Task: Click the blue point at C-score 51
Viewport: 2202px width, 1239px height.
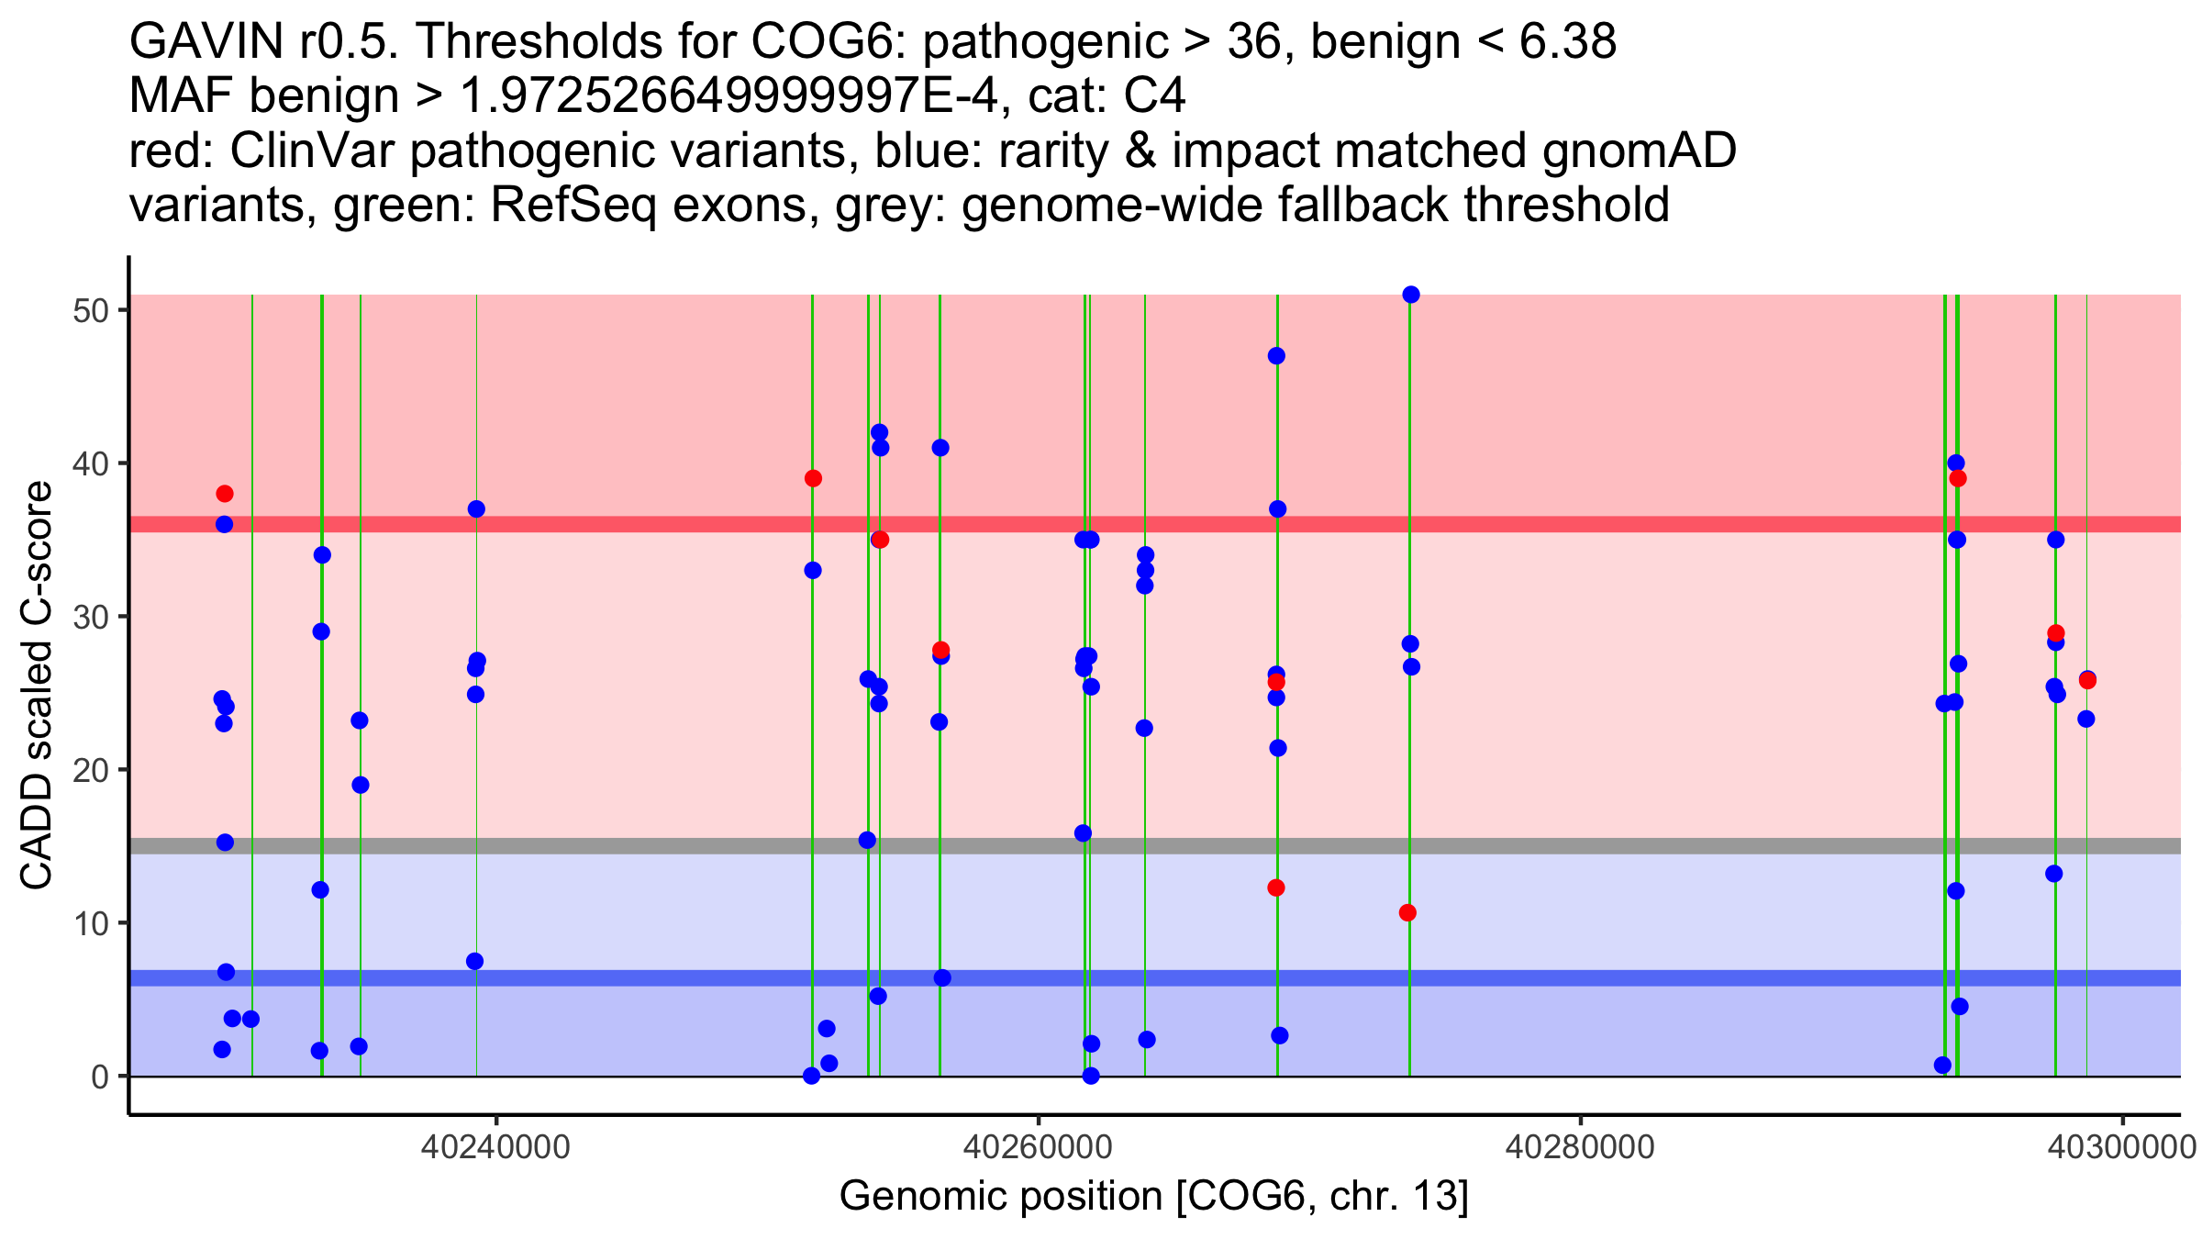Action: (x=1411, y=295)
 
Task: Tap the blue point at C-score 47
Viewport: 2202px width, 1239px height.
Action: (x=1276, y=356)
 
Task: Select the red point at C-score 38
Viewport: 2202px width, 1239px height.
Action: (x=225, y=494)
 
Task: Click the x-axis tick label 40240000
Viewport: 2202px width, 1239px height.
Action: (x=496, y=1147)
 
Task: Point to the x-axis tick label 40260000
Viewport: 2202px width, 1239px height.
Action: (x=1039, y=1147)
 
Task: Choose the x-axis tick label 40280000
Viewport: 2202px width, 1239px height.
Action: (x=1581, y=1147)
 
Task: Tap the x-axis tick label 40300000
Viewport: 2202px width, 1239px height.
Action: (x=2122, y=1147)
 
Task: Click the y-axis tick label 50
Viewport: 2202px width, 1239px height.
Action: (x=90, y=310)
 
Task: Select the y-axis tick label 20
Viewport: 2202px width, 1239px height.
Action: (x=90, y=770)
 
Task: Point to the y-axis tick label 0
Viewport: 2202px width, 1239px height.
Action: (x=100, y=1077)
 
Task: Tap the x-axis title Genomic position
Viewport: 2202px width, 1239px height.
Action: (x=1153, y=1197)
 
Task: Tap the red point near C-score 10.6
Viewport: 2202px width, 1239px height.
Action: (x=1407, y=912)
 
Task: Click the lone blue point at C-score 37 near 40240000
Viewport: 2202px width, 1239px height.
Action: (x=476, y=509)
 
